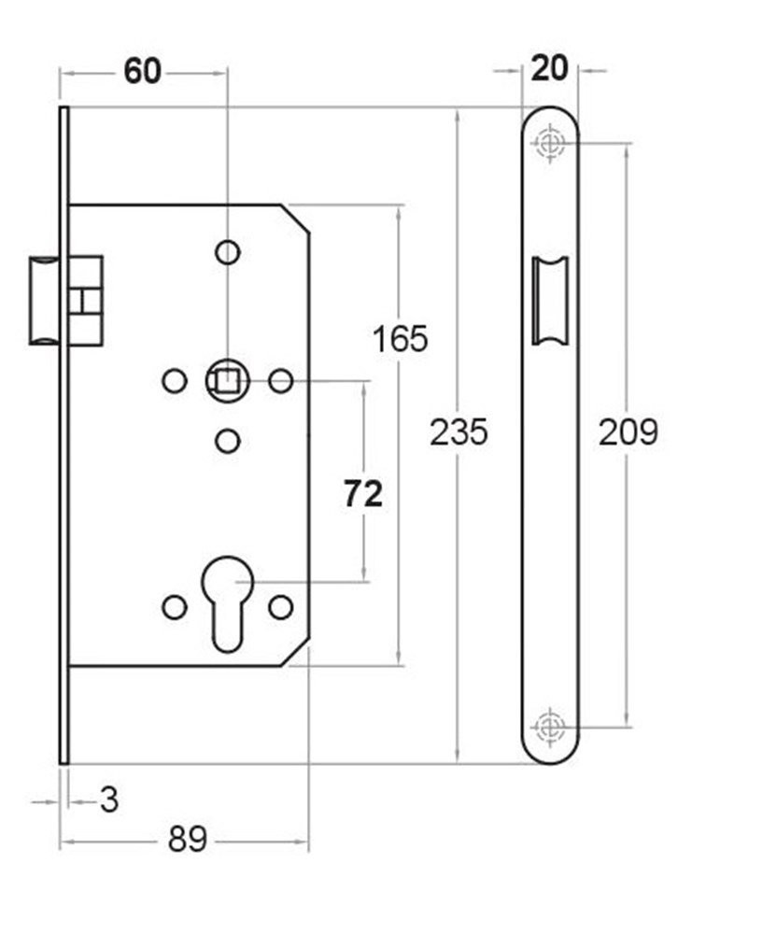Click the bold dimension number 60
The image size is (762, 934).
tap(142, 72)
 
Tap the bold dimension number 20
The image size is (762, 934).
tap(549, 68)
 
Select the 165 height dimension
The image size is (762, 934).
tap(400, 339)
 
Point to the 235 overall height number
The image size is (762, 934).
tap(459, 432)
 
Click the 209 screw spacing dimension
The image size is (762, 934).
tap(628, 432)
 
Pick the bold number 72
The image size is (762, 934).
tap(363, 494)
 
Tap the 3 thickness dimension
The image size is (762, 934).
tap(109, 800)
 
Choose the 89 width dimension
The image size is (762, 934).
tap(188, 840)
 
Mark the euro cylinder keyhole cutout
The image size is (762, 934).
tap(227, 602)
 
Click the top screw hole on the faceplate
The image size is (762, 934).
tap(549, 143)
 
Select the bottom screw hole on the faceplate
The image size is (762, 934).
tap(549, 727)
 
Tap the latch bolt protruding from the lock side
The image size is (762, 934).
tap(44, 301)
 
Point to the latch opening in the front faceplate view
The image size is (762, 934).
tap(550, 301)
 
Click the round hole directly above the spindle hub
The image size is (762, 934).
tap(228, 252)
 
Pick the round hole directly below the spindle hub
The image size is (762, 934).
tap(228, 442)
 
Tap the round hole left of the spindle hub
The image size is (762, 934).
tap(175, 381)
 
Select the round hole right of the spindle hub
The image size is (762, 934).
tap(280, 381)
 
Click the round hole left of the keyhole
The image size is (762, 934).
tap(175, 607)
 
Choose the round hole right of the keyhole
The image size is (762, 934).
tap(280, 607)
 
